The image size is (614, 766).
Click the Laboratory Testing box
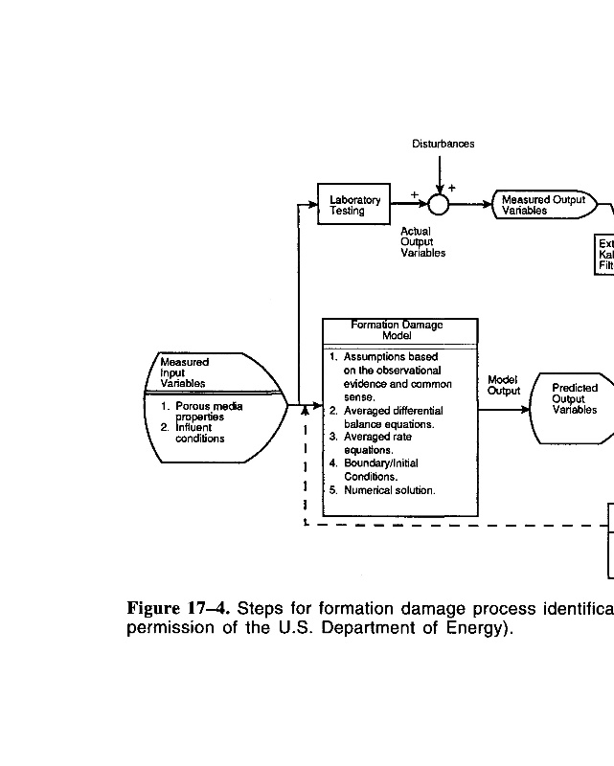click(354, 205)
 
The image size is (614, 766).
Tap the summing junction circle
click(439, 204)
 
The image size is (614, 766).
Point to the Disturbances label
click(443, 144)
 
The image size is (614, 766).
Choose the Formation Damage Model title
click(397, 330)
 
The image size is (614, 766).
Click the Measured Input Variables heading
click(184, 372)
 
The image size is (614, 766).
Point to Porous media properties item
click(206, 412)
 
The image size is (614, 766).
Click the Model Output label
click(503, 385)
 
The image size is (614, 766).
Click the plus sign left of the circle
click(415, 194)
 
